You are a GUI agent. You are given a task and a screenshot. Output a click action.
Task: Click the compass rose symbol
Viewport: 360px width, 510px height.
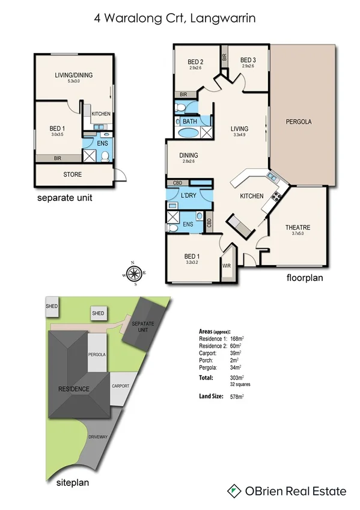pos(137,272)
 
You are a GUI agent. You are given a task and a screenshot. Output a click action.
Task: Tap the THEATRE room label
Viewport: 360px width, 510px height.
pos(297,227)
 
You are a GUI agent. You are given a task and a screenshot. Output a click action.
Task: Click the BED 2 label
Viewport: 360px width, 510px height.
pos(195,61)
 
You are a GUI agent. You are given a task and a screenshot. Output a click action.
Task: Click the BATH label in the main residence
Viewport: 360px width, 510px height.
pos(190,121)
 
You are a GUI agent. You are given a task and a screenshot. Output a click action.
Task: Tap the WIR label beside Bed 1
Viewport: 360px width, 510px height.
pos(227,265)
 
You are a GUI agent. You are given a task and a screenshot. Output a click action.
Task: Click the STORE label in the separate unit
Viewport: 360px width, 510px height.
pos(73,175)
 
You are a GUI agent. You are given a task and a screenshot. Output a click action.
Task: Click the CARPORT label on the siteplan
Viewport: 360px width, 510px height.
pos(120,386)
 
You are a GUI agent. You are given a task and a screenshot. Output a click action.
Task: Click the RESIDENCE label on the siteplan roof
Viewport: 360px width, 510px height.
pos(75,389)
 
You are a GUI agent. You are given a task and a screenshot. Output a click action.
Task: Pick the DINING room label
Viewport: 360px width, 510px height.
pos(189,155)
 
